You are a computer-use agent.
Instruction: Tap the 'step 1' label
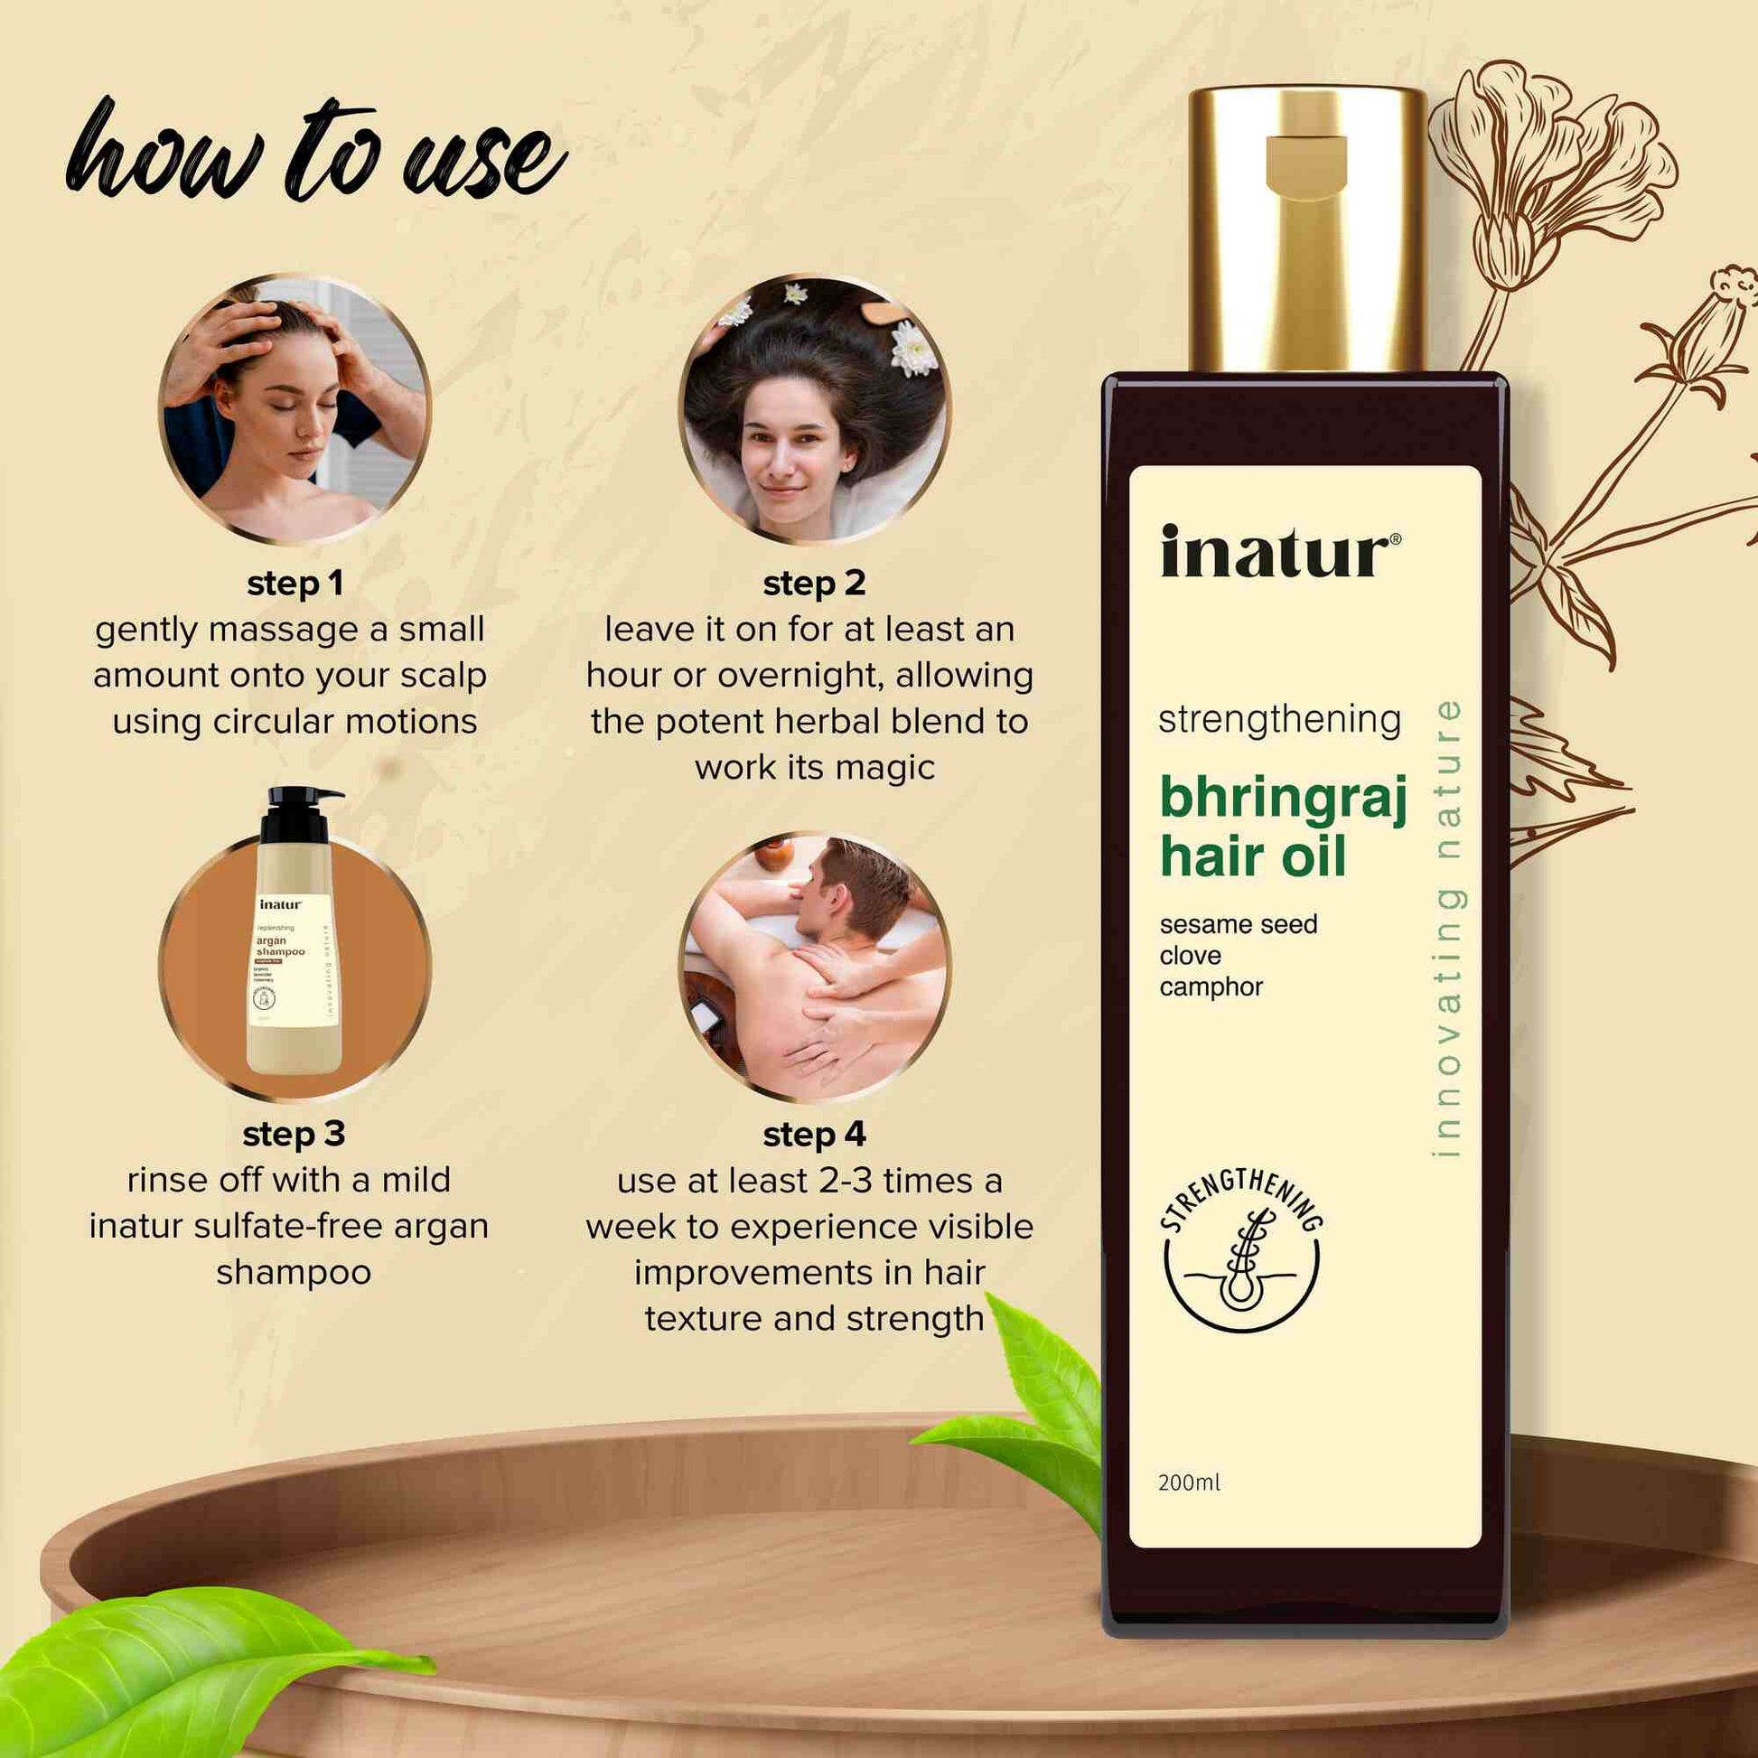pos(295,584)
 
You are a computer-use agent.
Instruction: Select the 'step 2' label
pos(813,584)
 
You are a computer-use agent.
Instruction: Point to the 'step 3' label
pos(293,1134)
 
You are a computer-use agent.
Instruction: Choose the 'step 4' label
pos(813,1135)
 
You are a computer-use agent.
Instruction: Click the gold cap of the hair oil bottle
pos(1307,228)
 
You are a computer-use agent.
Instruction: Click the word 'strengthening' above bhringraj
pos(1278,720)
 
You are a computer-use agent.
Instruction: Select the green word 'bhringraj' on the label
pos(1283,799)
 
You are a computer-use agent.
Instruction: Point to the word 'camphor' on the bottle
pos(1211,987)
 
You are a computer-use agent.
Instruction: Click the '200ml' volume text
pos(1188,1482)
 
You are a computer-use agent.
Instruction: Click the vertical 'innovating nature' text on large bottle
pos(1446,928)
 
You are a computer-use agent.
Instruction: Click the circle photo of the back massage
pos(813,967)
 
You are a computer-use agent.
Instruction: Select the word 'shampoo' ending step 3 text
pos(293,1272)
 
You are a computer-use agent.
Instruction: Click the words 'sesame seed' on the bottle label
pos(1238,924)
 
